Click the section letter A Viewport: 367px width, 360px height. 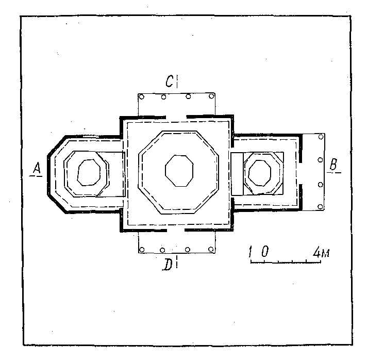coord(37,168)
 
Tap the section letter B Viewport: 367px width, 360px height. coord(333,164)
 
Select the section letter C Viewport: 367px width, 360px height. coord(169,81)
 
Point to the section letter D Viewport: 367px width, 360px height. coord(168,265)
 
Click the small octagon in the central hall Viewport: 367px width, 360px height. coord(179,171)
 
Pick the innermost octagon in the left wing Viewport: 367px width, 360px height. coord(89,173)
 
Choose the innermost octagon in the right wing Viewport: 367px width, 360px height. coord(260,173)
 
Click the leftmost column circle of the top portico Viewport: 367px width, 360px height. coord(141,96)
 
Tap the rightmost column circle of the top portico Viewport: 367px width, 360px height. coord(211,96)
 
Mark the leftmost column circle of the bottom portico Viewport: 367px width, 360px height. coord(142,250)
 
